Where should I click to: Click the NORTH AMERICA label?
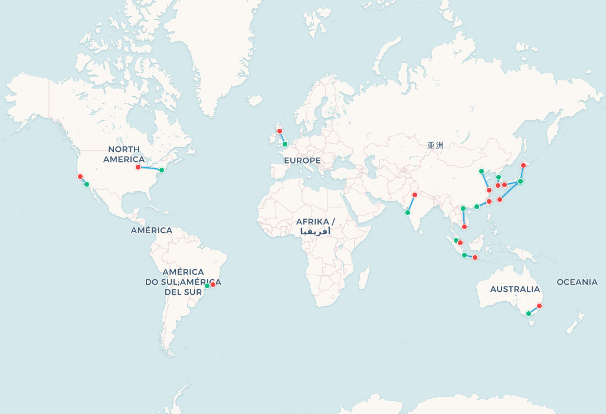tap(124, 154)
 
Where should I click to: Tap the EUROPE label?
tap(302, 161)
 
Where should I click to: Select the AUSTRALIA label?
tap(515, 289)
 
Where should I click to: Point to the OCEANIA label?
tap(577, 282)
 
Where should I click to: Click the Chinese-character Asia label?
tap(435, 145)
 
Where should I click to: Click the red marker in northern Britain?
tap(280, 131)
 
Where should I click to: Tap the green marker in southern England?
tap(284, 144)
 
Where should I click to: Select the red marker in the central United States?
tap(138, 167)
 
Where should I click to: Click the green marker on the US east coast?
tap(162, 170)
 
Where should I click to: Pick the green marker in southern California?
tap(87, 184)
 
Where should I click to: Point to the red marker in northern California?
tap(80, 177)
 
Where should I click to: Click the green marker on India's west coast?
tap(408, 213)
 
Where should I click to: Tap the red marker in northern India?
tap(415, 195)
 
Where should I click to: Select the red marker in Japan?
tap(523, 165)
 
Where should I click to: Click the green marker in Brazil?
tap(207, 286)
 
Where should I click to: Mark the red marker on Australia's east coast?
tap(539, 306)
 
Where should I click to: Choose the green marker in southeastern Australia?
tap(529, 314)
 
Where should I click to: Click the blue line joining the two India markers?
tap(411, 204)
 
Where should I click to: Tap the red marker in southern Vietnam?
tap(464, 227)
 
